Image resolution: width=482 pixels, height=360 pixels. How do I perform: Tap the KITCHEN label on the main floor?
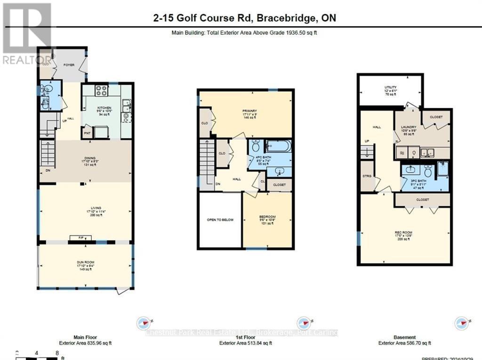pyautogui.click(x=104, y=108)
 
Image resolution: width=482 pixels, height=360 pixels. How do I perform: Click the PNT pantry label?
pyautogui.click(x=87, y=133)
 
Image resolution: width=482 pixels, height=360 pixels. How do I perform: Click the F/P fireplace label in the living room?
pyautogui.click(x=75, y=238)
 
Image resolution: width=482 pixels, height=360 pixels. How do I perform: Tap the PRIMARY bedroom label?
pyautogui.click(x=250, y=111)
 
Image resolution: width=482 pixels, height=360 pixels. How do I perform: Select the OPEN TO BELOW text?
pyautogui.click(x=220, y=220)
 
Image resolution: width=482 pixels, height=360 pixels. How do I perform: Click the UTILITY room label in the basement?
pyautogui.click(x=390, y=87)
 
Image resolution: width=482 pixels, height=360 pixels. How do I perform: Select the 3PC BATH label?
pyautogui.click(x=418, y=181)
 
